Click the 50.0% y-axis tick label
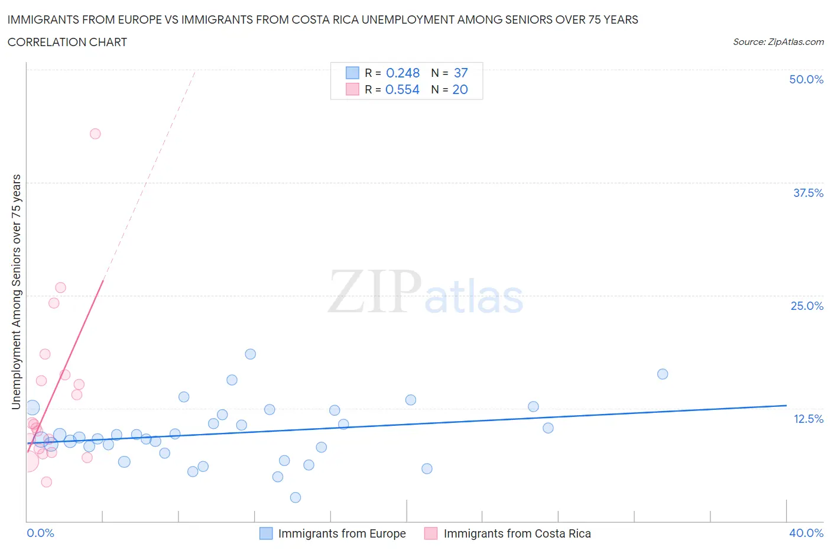coord(806,79)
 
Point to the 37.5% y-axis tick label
coord(808,193)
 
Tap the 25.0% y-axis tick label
coord(807,306)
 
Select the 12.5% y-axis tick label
coord(808,419)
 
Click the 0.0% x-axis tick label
coord(40,533)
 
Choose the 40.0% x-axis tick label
coord(806,533)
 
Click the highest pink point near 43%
coord(95,134)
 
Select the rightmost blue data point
coord(663,374)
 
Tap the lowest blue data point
coord(296,497)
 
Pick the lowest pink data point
coord(47,482)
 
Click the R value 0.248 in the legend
coord(402,73)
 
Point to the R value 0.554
coord(402,89)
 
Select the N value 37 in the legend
coord(460,73)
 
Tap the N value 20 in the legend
coord(460,89)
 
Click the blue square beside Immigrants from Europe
coord(266,533)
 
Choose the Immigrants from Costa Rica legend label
coord(517,533)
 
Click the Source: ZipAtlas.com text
coord(778,41)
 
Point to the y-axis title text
coord(16,292)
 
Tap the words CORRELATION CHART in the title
coord(67,42)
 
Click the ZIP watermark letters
coord(375,292)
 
